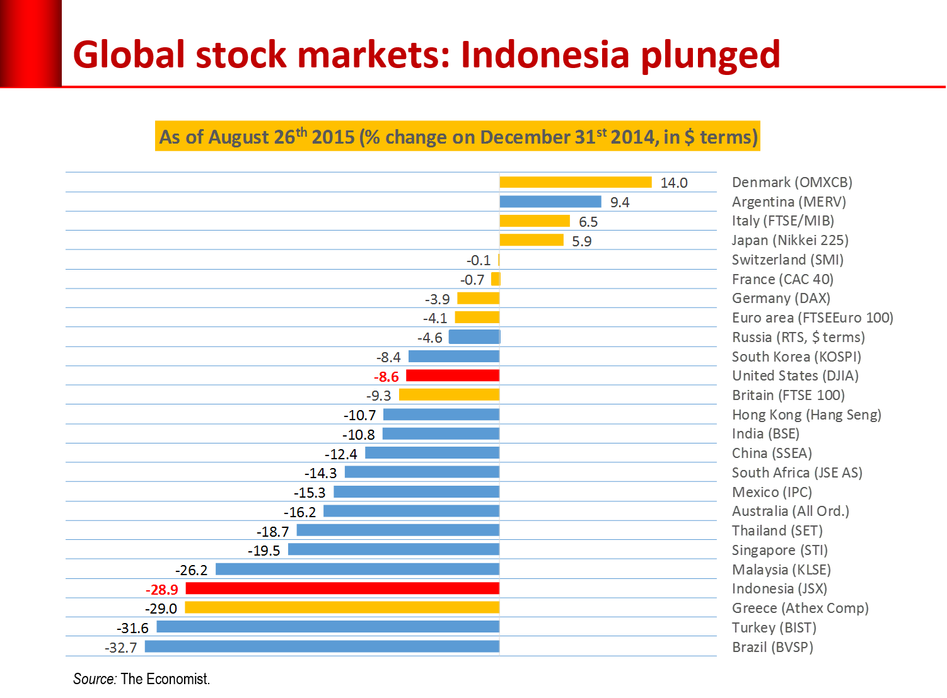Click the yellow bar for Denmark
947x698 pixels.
pos(575,182)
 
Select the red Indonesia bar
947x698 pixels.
pos(342,588)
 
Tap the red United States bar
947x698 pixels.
pos(453,375)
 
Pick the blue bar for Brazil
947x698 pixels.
pos(322,646)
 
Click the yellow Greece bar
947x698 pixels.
pos(342,608)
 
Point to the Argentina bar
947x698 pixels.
pos(550,202)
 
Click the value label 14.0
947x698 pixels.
pos(673,183)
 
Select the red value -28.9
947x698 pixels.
pos(162,590)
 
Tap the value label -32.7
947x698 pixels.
pos(120,648)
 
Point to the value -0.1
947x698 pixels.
pos(479,260)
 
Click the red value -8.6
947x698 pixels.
pos(386,377)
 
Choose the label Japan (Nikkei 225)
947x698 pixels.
pos(790,240)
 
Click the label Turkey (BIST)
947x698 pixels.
pos(774,627)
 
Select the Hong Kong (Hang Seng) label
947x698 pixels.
pos(806,415)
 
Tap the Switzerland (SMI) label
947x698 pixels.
pos(787,260)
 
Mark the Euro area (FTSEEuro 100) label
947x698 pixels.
pos(813,318)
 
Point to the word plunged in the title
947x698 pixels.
pos(711,55)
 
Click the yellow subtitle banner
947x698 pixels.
pos(458,136)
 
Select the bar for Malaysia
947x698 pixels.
pos(357,569)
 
